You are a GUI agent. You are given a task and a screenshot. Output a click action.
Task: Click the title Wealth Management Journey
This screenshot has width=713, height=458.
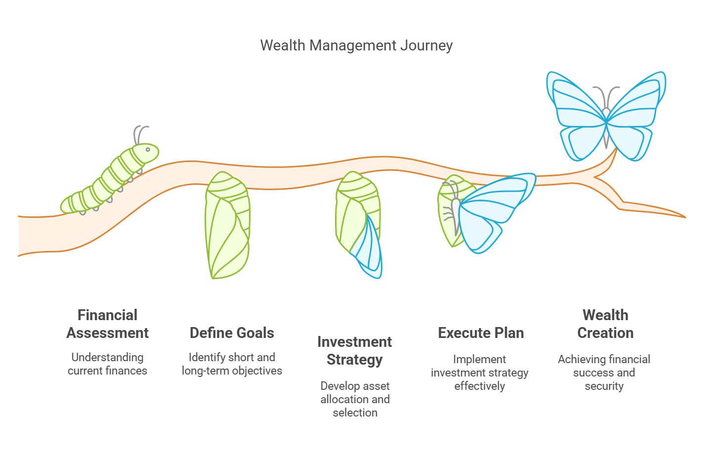coord(356,45)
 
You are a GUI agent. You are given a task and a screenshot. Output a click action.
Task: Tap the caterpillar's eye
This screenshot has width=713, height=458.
coord(148,150)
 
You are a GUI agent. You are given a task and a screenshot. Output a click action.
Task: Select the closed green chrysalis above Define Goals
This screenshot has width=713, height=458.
coord(227,225)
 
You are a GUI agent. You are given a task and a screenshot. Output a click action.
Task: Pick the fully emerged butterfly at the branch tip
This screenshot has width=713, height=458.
coord(606,116)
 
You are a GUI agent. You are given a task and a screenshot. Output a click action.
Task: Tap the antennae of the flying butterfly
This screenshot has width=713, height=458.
coord(606,96)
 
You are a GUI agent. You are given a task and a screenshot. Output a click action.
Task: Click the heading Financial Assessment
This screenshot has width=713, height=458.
coord(107,324)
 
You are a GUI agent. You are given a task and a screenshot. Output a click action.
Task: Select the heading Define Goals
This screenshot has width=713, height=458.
coord(232,333)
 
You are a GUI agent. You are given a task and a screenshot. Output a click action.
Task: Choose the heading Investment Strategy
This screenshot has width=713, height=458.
coord(355,351)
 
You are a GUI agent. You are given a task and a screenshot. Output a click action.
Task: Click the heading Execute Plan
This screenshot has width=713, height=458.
coord(481,333)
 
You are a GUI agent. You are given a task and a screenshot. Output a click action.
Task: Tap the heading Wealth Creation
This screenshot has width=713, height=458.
coord(605,324)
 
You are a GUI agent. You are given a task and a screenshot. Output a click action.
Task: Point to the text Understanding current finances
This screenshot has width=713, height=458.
coord(107,364)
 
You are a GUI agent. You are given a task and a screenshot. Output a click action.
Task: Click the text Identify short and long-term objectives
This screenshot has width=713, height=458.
coord(232,364)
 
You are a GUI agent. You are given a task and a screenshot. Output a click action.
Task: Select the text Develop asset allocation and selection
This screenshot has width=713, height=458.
coord(355,399)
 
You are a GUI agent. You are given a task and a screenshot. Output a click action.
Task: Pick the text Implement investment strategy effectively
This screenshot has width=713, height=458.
coord(480,373)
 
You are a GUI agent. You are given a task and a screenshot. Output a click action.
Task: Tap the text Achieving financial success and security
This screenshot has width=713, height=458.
coord(604,373)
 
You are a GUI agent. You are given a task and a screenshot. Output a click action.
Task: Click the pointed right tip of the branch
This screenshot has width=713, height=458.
coord(685,217)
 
